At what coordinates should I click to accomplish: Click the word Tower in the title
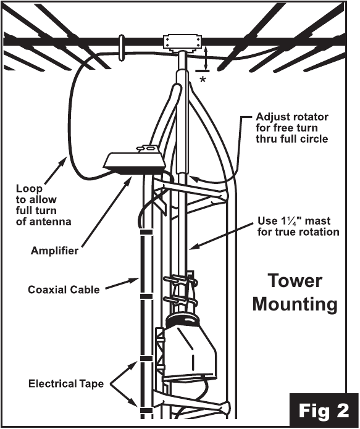tap(295, 281)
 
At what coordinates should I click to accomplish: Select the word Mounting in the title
tap(295, 304)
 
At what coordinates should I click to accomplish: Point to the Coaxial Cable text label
tap(64, 289)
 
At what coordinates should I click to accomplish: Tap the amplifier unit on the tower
tap(134, 160)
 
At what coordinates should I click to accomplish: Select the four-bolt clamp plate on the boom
tap(183, 42)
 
